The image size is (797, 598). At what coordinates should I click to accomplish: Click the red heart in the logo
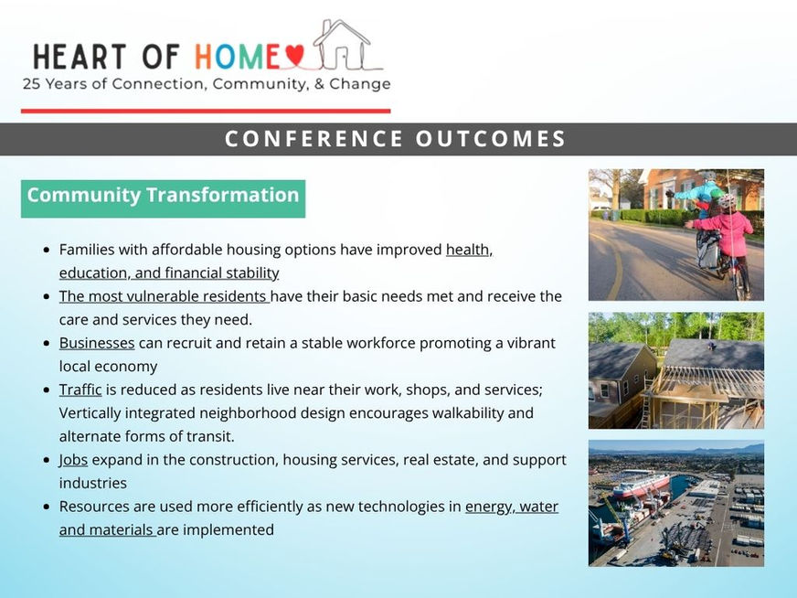(294, 55)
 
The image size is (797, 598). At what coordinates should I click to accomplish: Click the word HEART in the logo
(80, 57)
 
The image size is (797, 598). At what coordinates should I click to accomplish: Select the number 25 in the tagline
(31, 84)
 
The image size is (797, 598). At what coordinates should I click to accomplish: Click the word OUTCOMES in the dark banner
(491, 139)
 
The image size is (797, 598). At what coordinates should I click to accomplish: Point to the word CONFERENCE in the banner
(314, 139)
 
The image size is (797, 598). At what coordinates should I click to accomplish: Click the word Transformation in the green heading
(223, 196)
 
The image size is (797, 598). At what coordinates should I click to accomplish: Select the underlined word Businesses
(97, 343)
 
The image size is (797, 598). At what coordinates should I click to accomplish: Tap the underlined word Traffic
(80, 390)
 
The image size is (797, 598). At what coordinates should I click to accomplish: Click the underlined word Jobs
(73, 460)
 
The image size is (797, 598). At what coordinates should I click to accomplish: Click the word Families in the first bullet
(87, 250)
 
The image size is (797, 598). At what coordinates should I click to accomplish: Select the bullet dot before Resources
(47, 507)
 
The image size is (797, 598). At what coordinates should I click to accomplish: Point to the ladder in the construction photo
(646, 401)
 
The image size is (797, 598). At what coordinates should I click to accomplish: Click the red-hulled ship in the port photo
(642, 486)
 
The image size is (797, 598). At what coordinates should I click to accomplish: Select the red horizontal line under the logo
(206, 111)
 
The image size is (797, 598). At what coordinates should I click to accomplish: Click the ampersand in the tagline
(319, 84)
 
